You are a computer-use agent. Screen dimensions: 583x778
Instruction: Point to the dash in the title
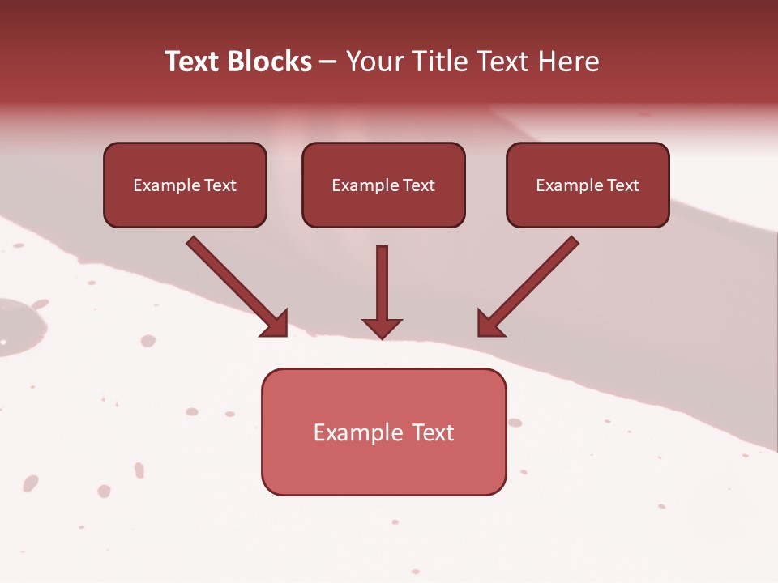tap(328, 62)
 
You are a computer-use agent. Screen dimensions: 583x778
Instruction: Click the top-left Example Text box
tap(185, 185)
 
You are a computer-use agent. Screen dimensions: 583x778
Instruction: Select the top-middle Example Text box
tap(383, 185)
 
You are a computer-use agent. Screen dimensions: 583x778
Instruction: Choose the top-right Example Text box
tap(588, 185)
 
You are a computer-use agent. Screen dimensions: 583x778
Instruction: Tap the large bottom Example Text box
tap(383, 432)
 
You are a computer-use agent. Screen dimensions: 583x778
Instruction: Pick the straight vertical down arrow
tap(383, 291)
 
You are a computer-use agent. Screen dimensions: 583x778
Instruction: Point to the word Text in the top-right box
tap(622, 185)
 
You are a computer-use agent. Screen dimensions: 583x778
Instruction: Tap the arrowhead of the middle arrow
tap(383, 328)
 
